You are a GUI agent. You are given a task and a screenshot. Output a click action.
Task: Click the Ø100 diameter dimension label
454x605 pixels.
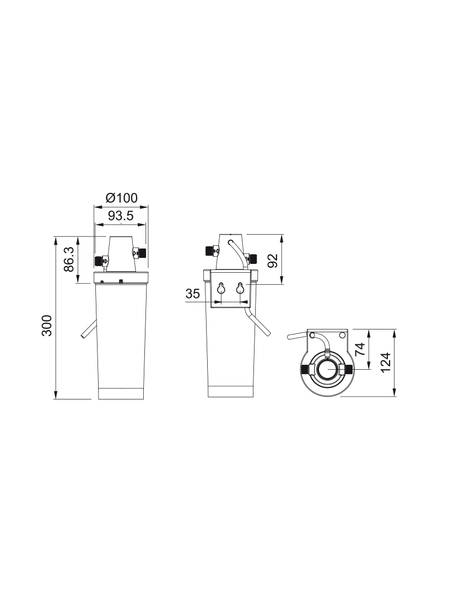click(x=122, y=198)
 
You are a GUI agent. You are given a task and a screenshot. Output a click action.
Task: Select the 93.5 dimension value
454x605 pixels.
click(x=121, y=215)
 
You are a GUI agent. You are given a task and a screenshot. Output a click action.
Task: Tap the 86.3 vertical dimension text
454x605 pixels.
click(x=69, y=260)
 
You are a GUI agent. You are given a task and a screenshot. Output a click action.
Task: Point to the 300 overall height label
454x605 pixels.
click(x=47, y=325)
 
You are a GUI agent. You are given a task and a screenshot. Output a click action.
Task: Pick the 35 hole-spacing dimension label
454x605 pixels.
click(x=193, y=294)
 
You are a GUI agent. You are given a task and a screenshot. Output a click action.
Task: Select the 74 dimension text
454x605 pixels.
click(x=359, y=349)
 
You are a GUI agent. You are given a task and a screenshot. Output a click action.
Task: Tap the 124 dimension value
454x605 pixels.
click(x=386, y=363)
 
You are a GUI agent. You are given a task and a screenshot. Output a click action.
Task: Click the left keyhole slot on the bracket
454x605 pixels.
click(x=221, y=288)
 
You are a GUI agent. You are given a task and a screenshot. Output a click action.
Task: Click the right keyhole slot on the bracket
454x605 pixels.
click(x=240, y=288)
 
